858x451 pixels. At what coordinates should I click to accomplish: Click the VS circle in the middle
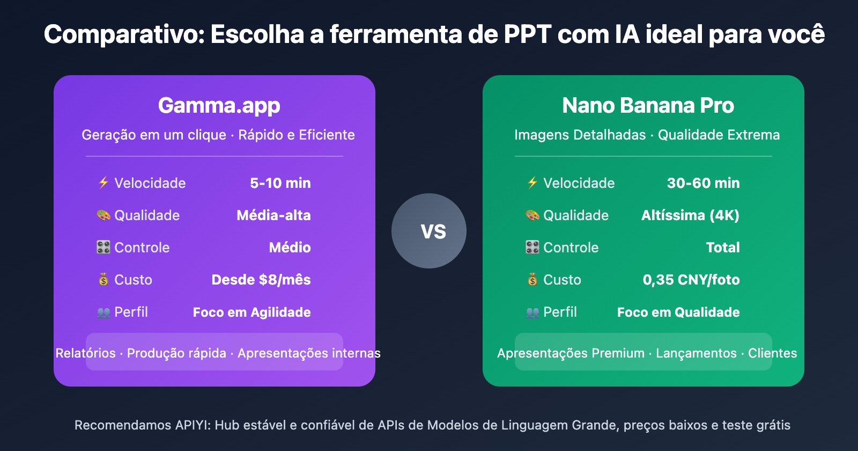429,231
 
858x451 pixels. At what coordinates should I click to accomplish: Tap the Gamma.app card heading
219,105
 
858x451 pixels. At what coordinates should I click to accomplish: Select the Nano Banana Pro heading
648,105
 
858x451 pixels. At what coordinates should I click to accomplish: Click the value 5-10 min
280,183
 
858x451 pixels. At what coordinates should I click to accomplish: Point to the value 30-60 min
703,183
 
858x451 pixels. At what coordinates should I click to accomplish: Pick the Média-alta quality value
273,215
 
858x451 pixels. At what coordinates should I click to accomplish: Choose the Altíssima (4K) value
690,215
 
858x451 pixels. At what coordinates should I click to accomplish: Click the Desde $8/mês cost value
261,280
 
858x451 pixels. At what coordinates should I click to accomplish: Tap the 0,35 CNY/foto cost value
691,280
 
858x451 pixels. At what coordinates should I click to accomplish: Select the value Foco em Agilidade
252,312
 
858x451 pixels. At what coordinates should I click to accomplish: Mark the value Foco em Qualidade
678,312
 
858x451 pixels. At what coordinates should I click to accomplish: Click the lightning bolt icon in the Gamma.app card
103,183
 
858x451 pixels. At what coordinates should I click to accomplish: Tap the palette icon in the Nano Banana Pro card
532,215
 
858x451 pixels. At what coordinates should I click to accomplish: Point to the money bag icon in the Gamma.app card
103,279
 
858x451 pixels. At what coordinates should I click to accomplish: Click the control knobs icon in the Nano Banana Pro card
532,248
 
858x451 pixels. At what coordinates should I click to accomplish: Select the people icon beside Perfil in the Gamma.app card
103,312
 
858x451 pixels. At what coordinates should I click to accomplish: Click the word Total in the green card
723,248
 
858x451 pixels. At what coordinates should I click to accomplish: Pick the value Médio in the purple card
290,248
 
